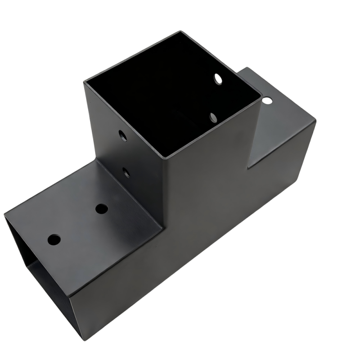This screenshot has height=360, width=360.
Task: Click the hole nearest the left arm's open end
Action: pos(54,239)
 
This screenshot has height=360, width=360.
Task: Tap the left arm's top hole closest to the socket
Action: pos(102,209)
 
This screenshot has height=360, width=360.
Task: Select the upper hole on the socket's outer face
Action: pos(122,135)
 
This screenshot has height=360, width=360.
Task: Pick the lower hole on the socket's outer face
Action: pos(126,172)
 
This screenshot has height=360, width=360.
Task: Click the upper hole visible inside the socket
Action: pos(219,79)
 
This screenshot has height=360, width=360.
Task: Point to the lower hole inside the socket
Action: pos(213,118)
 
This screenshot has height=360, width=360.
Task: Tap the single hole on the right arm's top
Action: pos(268,100)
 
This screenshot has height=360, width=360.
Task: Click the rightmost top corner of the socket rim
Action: pos(261,95)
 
